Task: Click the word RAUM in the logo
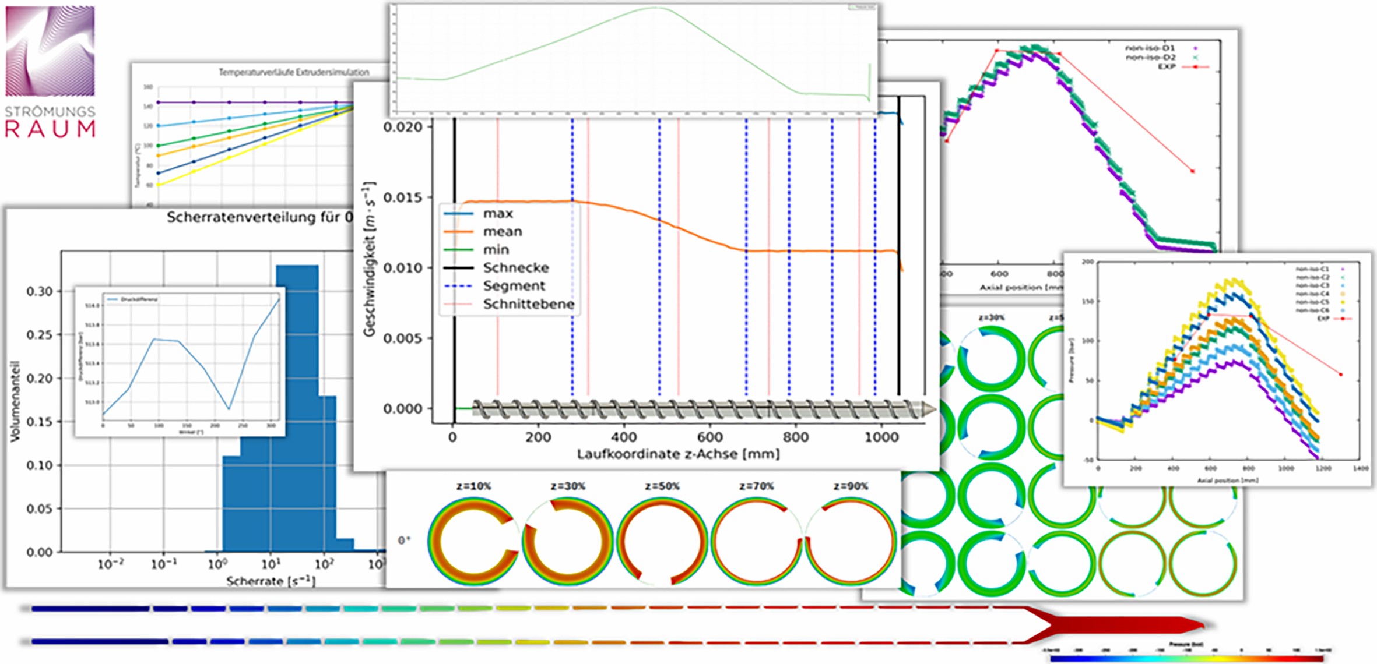(50, 129)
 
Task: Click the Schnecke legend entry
(515, 268)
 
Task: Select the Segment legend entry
(514, 286)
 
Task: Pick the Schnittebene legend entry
(528, 304)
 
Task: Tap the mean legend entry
(502, 232)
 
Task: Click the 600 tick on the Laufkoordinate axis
(709, 437)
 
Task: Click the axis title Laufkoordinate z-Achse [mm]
(678, 454)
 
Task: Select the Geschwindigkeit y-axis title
(370, 259)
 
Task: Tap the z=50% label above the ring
(662, 486)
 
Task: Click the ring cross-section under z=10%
(472, 542)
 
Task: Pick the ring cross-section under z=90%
(850, 542)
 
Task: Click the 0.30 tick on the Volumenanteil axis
(39, 291)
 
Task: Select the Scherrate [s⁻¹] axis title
(271, 581)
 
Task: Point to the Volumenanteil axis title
(16, 401)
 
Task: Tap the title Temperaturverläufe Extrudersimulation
(294, 72)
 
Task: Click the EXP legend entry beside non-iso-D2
(1167, 67)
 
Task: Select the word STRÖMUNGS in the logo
(50, 111)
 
